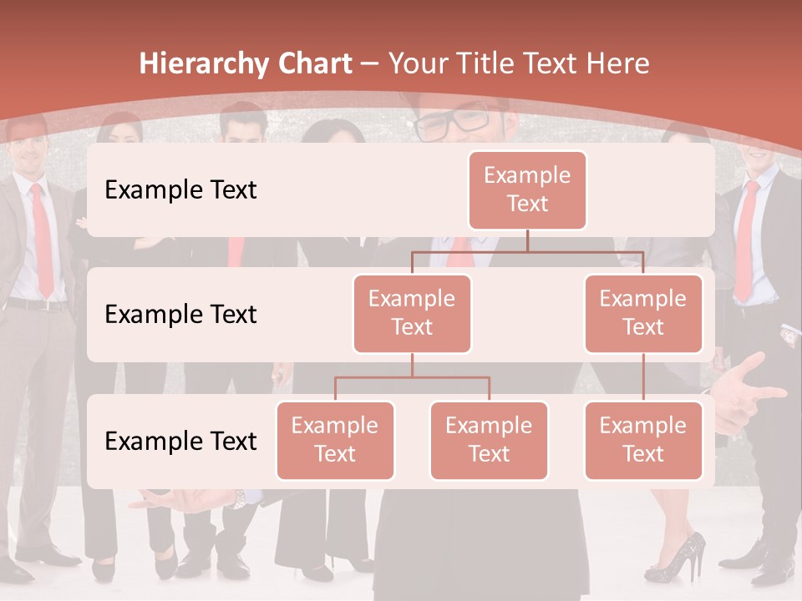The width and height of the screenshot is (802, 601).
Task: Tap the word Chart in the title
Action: [311, 64]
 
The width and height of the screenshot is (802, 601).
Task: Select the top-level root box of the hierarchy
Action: [527, 189]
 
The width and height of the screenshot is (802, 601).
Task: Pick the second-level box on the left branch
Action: [412, 313]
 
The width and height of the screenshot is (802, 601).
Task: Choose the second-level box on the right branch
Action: [643, 313]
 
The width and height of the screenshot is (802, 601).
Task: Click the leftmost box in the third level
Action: [335, 440]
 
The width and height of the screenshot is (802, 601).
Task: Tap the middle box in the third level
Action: [489, 440]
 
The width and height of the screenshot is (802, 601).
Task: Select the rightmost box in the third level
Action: [643, 440]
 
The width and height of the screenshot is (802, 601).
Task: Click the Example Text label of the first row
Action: [180, 190]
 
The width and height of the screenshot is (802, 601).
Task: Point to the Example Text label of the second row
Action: [180, 315]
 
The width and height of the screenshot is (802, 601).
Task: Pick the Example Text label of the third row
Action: [180, 441]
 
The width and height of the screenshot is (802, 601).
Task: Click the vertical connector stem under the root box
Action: [527, 240]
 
